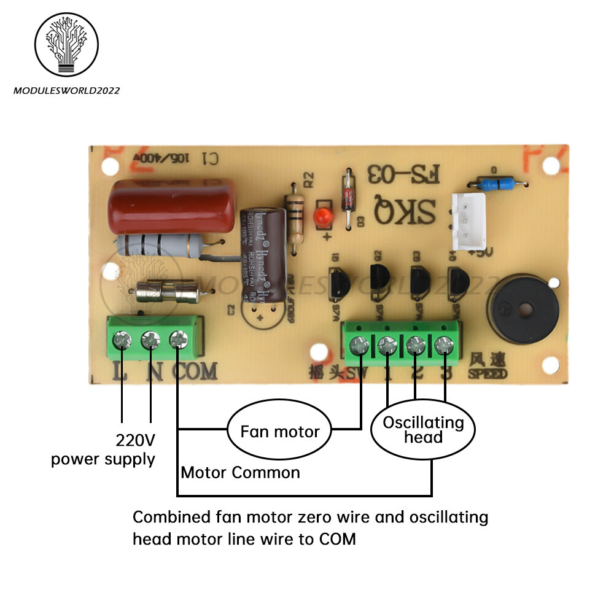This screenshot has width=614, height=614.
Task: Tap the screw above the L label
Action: pyautogui.click(x=122, y=338)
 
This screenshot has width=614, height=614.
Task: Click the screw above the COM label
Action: pyautogui.click(x=178, y=338)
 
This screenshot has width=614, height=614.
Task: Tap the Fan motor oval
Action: pyautogui.click(x=279, y=431)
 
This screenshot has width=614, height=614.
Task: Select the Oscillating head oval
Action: pyautogui.click(x=423, y=430)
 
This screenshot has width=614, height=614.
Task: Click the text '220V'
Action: pyautogui.click(x=136, y=440)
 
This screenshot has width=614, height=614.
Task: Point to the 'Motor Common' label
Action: pyautogui.click(x=240, y=472)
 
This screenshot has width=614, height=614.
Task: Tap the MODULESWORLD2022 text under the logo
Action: pyautogui.click(x=66, y=91)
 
